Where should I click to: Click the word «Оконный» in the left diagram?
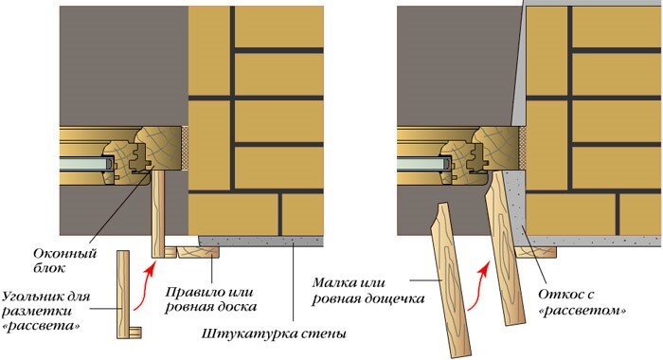point(64,254)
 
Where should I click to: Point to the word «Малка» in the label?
point(333,282)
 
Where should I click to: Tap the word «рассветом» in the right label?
point(583,312)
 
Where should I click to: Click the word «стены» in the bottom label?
point(324,333)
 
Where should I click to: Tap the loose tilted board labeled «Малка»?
point(451,280)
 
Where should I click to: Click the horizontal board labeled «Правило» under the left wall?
point(198,253)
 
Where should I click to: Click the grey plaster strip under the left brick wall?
point(260,242)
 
